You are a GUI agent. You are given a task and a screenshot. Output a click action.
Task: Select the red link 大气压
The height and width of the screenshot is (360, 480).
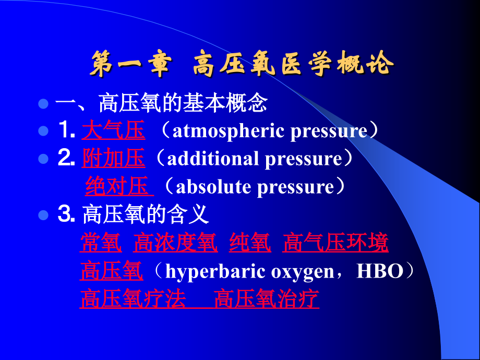tap(113, 131)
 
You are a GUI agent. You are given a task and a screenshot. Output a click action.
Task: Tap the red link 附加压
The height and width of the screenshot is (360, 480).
tap(113, 159)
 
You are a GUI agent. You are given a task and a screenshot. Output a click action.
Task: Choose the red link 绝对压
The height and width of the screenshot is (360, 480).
tap(117, 186)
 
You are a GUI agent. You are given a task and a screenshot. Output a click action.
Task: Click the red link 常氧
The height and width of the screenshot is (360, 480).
tap(101, 243)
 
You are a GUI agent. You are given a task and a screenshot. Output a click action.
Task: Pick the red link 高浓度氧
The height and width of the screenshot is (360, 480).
tap(175, 243)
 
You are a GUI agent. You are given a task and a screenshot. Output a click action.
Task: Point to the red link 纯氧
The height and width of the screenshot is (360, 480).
tap(250, 243)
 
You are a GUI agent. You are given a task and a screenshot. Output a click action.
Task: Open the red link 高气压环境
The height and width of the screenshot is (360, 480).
tap(335, 243)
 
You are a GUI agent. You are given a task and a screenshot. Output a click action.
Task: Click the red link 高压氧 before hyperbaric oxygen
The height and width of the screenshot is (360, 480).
tap(111, 271)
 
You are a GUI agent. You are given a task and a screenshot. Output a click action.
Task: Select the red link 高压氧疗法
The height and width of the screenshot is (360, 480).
tap(133, 299)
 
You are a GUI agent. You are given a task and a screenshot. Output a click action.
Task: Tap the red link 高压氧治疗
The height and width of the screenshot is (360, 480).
tap(267, 299)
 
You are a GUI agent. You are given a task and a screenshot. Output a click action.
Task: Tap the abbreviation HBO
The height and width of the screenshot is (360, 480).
tap(378, 272)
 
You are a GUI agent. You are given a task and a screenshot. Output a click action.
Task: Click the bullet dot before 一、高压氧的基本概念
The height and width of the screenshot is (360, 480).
tap(44, 103)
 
